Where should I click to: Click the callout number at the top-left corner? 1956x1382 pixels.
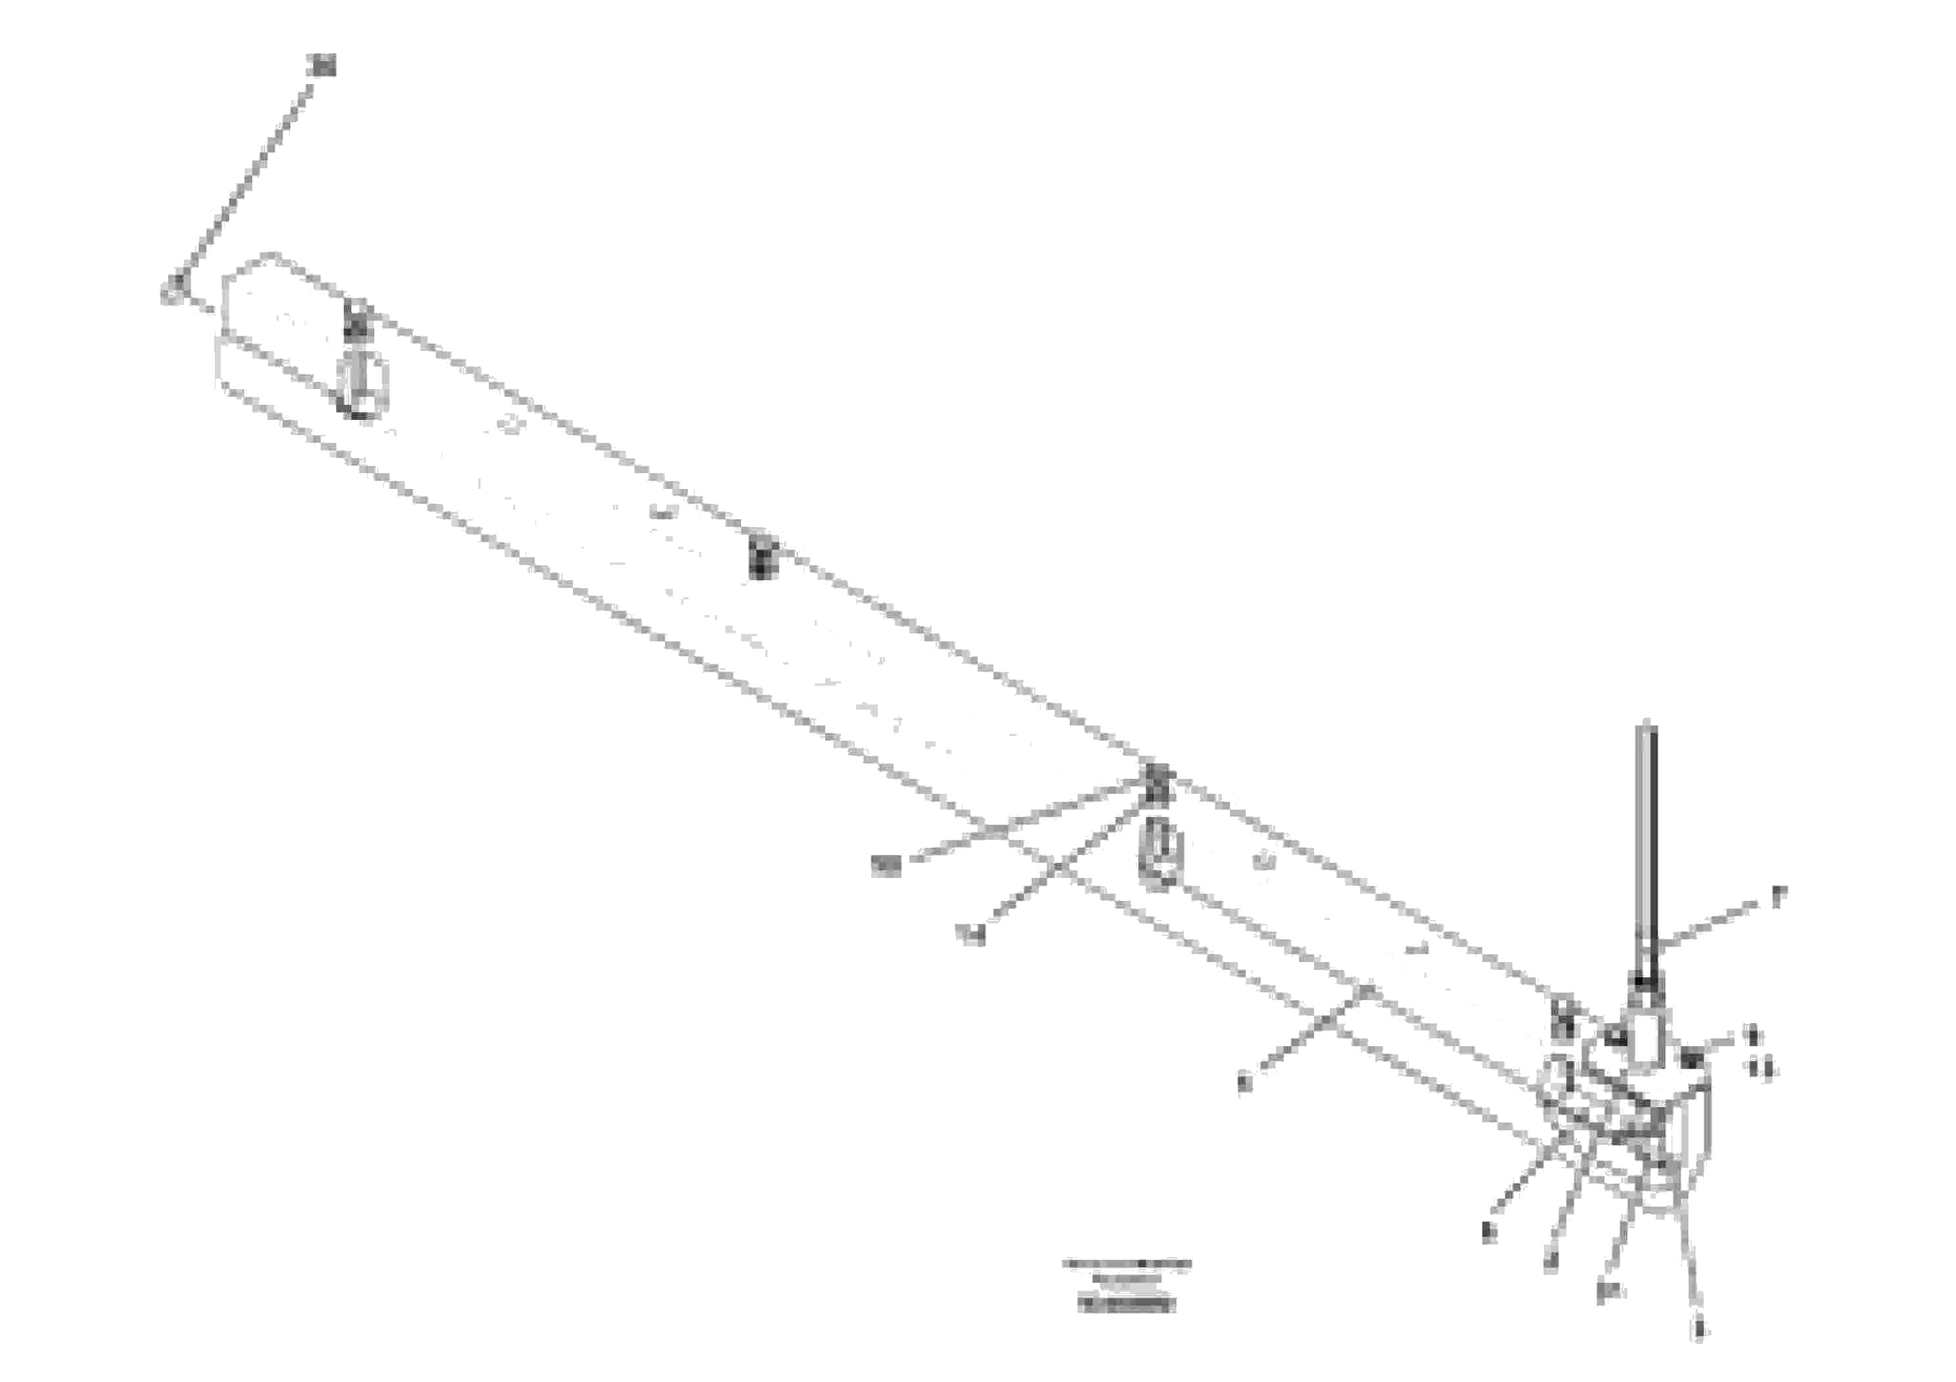323,65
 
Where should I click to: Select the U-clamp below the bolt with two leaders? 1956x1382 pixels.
1160,857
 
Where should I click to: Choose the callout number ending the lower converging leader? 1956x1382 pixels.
970,934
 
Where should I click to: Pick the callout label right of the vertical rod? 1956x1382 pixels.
1778,897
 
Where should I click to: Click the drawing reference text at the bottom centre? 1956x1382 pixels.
1126,1285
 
